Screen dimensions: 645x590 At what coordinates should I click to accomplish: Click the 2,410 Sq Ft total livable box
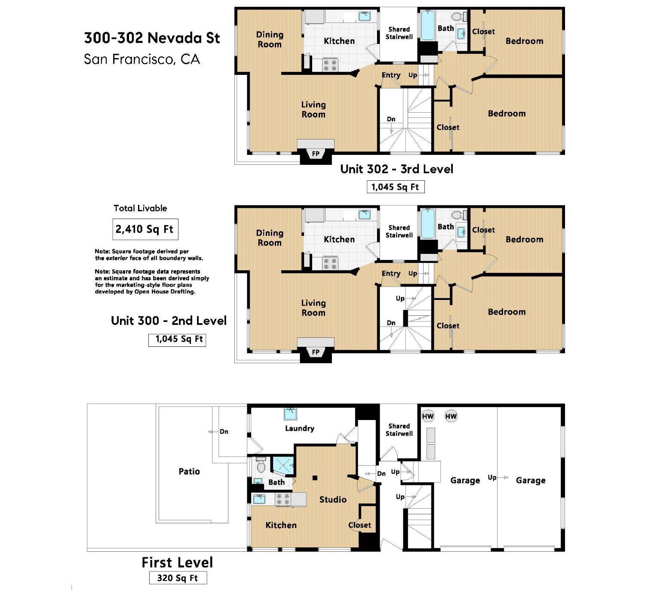pos(145,229)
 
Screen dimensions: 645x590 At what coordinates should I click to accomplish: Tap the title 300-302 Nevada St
pos(152,38)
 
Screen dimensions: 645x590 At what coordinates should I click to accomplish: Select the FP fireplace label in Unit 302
pos(316,154)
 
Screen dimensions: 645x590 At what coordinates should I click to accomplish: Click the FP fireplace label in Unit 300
pos(316,352)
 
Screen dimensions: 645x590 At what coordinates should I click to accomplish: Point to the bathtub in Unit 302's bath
pos(428,26)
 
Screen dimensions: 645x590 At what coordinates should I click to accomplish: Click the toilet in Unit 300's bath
pos(459,215)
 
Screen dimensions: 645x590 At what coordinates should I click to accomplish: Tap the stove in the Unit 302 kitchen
pos(330,65)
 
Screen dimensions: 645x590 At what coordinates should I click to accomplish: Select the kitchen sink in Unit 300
pos(365,214)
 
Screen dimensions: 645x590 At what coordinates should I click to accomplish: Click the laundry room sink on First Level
pos(290,414)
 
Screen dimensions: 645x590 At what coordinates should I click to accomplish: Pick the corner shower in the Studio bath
pos(283,466)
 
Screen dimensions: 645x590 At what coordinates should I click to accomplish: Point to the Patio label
pos(189,472)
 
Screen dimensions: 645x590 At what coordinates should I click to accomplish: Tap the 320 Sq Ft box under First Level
pos(178,578)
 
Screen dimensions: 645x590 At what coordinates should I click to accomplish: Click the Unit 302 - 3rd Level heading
pos(397,169)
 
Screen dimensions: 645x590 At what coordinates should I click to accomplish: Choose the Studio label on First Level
pos(333,500)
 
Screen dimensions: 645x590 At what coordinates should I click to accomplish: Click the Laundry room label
pos(300,429)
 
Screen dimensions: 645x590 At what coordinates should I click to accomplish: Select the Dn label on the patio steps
pos(224,432)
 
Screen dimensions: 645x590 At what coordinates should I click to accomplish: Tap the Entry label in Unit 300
pos(391,274)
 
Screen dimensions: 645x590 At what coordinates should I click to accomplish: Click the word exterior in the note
pos(117,258)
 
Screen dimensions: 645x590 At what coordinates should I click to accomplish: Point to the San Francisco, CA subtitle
pos(142,59)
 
